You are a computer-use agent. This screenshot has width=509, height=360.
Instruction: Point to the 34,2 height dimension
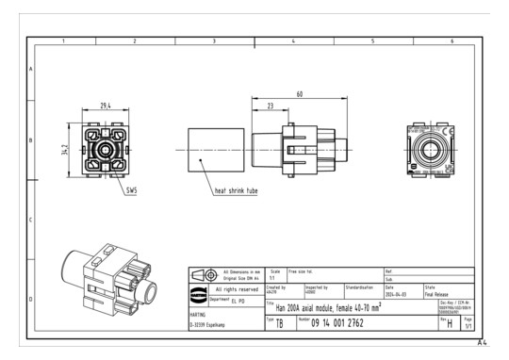[x=64, y=151]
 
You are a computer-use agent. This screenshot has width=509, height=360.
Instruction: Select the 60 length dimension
[x=299, y=94]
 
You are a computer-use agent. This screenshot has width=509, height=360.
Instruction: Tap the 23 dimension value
[x=271, y=106]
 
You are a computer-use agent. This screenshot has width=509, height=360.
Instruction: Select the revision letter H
[x=451, y=325]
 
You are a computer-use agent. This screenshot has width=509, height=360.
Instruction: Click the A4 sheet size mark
[x=482, y=343]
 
